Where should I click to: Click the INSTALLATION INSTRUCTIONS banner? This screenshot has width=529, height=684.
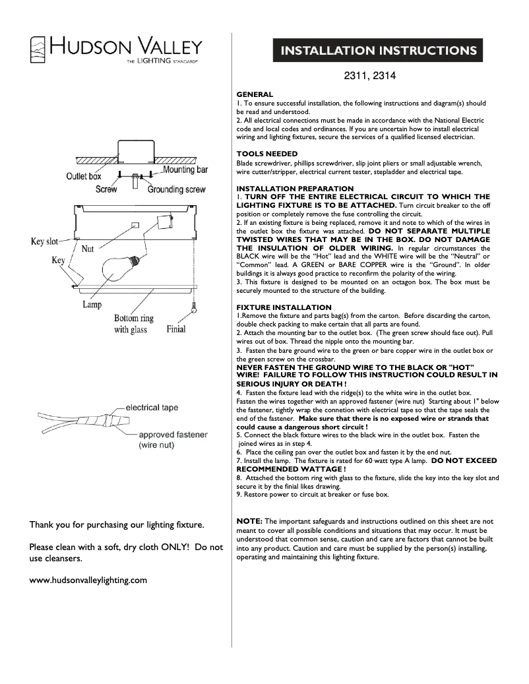point(379,51)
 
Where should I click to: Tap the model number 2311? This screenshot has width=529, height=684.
point(356,76)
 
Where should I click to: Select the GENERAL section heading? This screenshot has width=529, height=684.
point(255,95)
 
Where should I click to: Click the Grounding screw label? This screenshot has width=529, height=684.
point(176,189)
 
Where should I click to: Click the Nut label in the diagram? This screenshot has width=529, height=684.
point(88,249)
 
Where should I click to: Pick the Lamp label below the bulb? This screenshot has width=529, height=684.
point(92,305)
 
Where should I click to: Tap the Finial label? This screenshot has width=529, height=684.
point(176,328)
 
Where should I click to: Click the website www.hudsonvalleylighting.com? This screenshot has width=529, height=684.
point(88,580)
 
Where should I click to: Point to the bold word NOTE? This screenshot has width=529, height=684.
point(249,521)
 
